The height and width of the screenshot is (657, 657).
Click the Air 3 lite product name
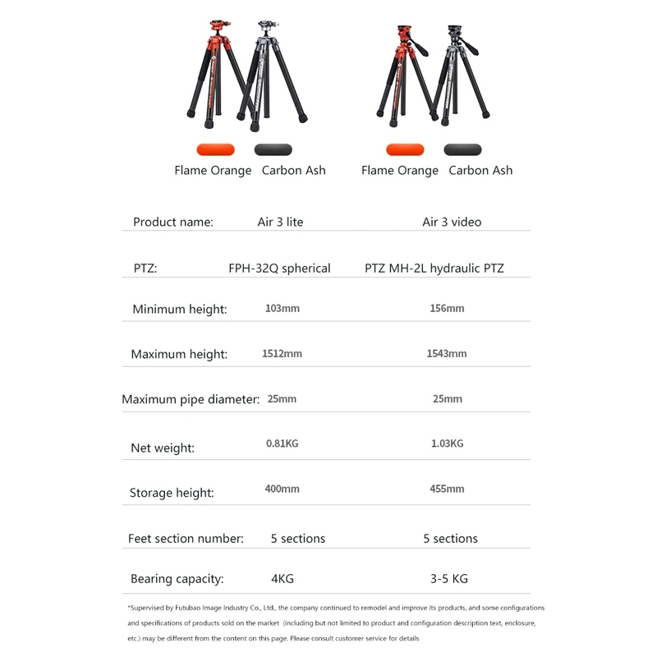(x=280, y=222)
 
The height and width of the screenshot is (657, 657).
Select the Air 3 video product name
(x=452, y=222)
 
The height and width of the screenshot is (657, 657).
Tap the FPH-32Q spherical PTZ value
(x=279, y=268)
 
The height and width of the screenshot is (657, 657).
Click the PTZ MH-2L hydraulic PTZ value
(x=434, y=268)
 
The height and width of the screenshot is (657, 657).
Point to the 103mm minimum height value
(x=282, y=309)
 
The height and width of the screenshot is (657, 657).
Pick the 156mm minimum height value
(x=447, y=309)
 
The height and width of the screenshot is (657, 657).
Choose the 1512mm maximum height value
(x=282, y=354)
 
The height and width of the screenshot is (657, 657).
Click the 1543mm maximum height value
(x=447, y=354)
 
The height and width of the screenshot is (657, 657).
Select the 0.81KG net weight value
(x=282, y=443)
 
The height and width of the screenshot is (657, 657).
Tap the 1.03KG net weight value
(x=447, y=443)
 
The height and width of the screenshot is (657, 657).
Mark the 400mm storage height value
(x=282, y=489)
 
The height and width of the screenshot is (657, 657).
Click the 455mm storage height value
(x=447, y=489)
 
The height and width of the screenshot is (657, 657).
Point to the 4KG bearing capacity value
(x=282, y=579)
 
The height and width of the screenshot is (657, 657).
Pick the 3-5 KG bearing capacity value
(x=448, y=579)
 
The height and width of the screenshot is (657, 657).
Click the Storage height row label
(x=172, y=493)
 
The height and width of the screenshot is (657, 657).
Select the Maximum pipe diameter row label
(x=191, y=400)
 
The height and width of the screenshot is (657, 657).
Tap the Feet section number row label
(x=186, y=539)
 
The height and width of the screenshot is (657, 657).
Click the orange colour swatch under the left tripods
(x=215, y=149)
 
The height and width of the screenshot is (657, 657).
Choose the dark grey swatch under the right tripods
(x=462, y=149)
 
